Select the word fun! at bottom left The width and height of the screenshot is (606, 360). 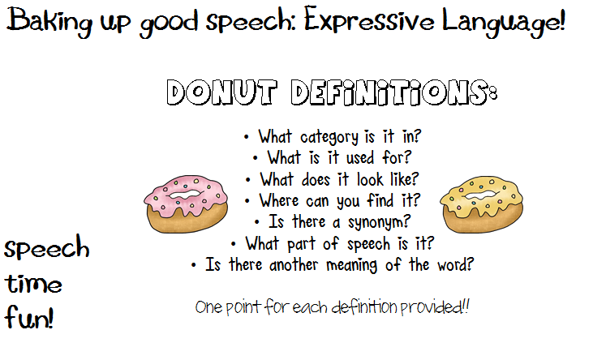point(28,317)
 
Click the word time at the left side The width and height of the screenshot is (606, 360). point(33,285)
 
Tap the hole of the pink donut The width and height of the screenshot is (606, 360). point(186,195)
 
